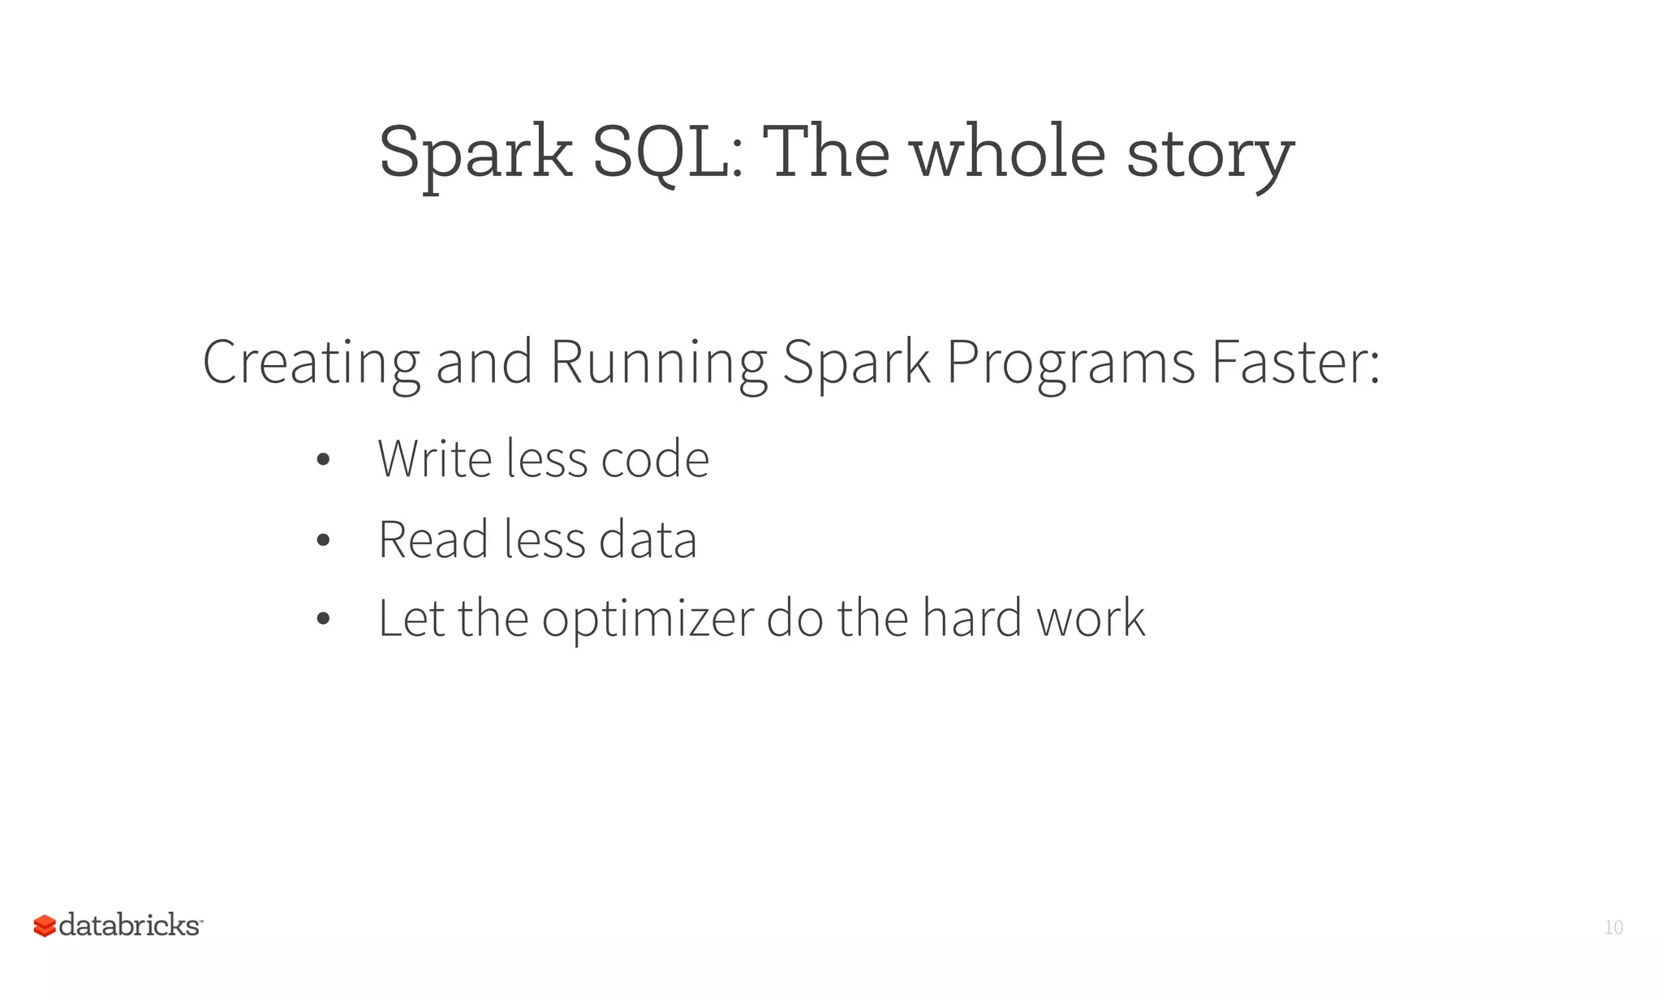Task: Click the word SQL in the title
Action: (x=667, y=153)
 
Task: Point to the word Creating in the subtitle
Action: (x=311, y=363)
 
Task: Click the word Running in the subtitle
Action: (x=658, y=363)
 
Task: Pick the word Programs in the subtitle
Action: (x=1070, y=363)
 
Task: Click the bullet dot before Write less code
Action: (x=323, y=460)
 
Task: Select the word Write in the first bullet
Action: (x=435, y=459)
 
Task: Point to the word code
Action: (x=654, y=460)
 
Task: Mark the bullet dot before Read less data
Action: (x=323, y=540)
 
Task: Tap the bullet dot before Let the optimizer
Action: (x=323, y=619)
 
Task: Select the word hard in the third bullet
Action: (x=971, y=618)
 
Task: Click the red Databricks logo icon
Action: (x=45, y=926)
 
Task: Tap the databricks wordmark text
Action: (x=130, y=925)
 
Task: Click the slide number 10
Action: (x=1613, y=927)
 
